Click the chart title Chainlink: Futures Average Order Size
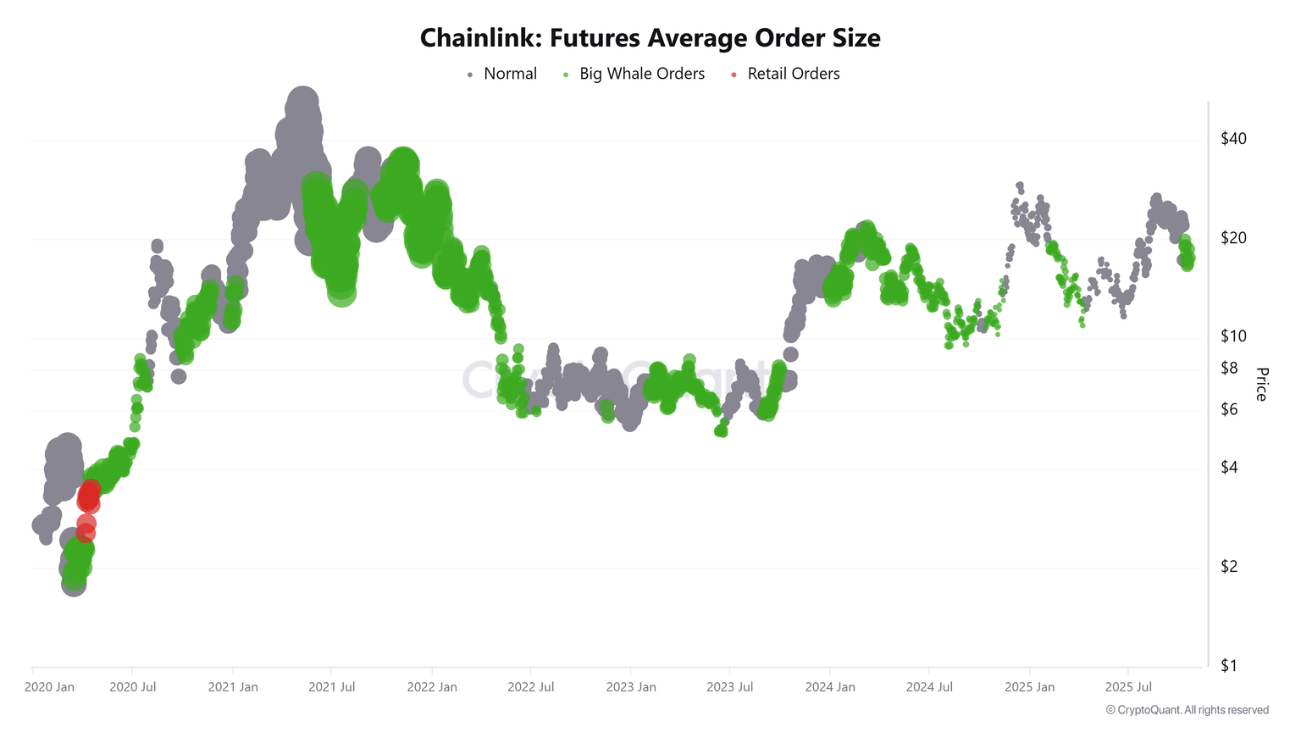point(650,38)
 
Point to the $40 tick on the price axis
point(1233,139)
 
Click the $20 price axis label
point(1233,238)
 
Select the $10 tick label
point(1233,336)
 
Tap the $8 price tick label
point(1229,368)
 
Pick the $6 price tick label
point(1229,409)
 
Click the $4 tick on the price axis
point(1229,468)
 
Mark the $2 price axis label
point(1229,567)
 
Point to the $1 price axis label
point(1229,666)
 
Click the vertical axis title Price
point(1261,385)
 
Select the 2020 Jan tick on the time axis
point(49,687)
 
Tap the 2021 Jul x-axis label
point(332,687)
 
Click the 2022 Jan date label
point(432,687)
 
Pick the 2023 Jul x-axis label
point(730,687)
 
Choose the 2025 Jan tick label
point(1030,687)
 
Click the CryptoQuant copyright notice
point(1188,710)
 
